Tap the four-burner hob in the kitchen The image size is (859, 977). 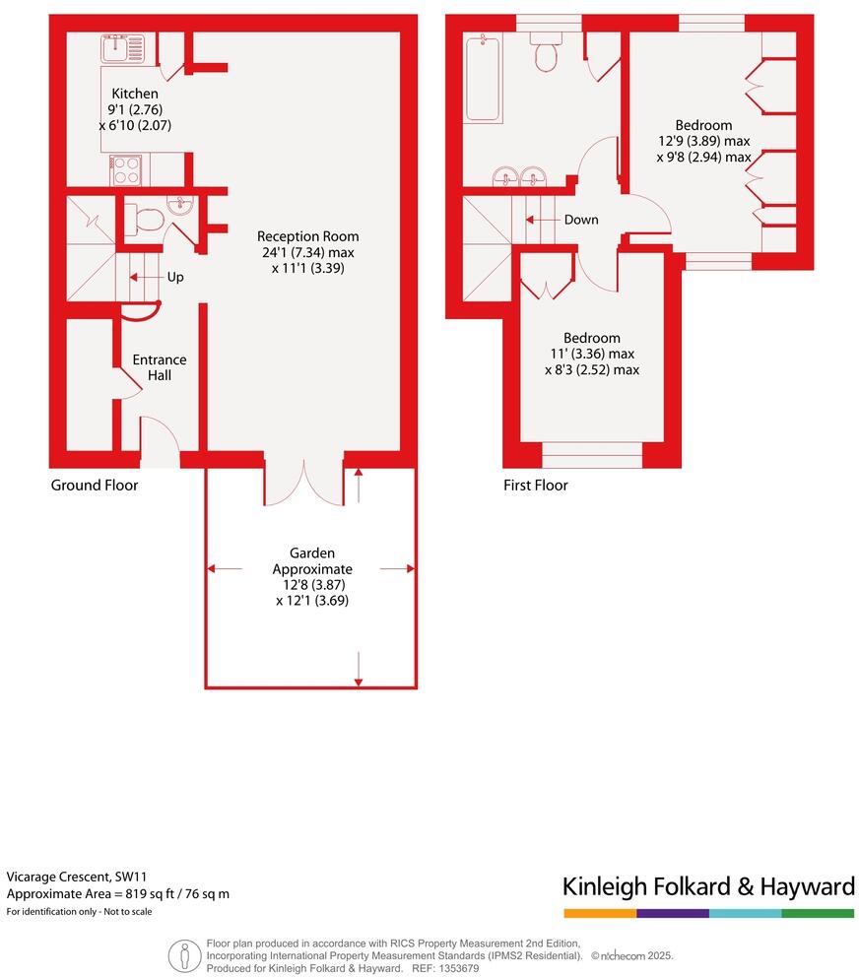(125, 170)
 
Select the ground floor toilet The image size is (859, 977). (141, 220)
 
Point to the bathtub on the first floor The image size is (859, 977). (483, 77)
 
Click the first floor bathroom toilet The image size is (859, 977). (546, 53)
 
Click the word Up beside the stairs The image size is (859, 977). (174, 278)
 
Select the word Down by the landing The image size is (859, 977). (580, 220)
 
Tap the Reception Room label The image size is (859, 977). (307, 236)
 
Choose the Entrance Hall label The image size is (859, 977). (159, 367)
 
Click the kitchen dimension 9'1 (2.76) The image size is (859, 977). (134, 109)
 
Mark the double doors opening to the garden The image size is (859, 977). (304, 482)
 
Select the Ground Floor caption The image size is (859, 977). (95, 486)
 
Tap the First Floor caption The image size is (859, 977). (535, 486)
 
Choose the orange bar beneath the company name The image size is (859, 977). (599, 913)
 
